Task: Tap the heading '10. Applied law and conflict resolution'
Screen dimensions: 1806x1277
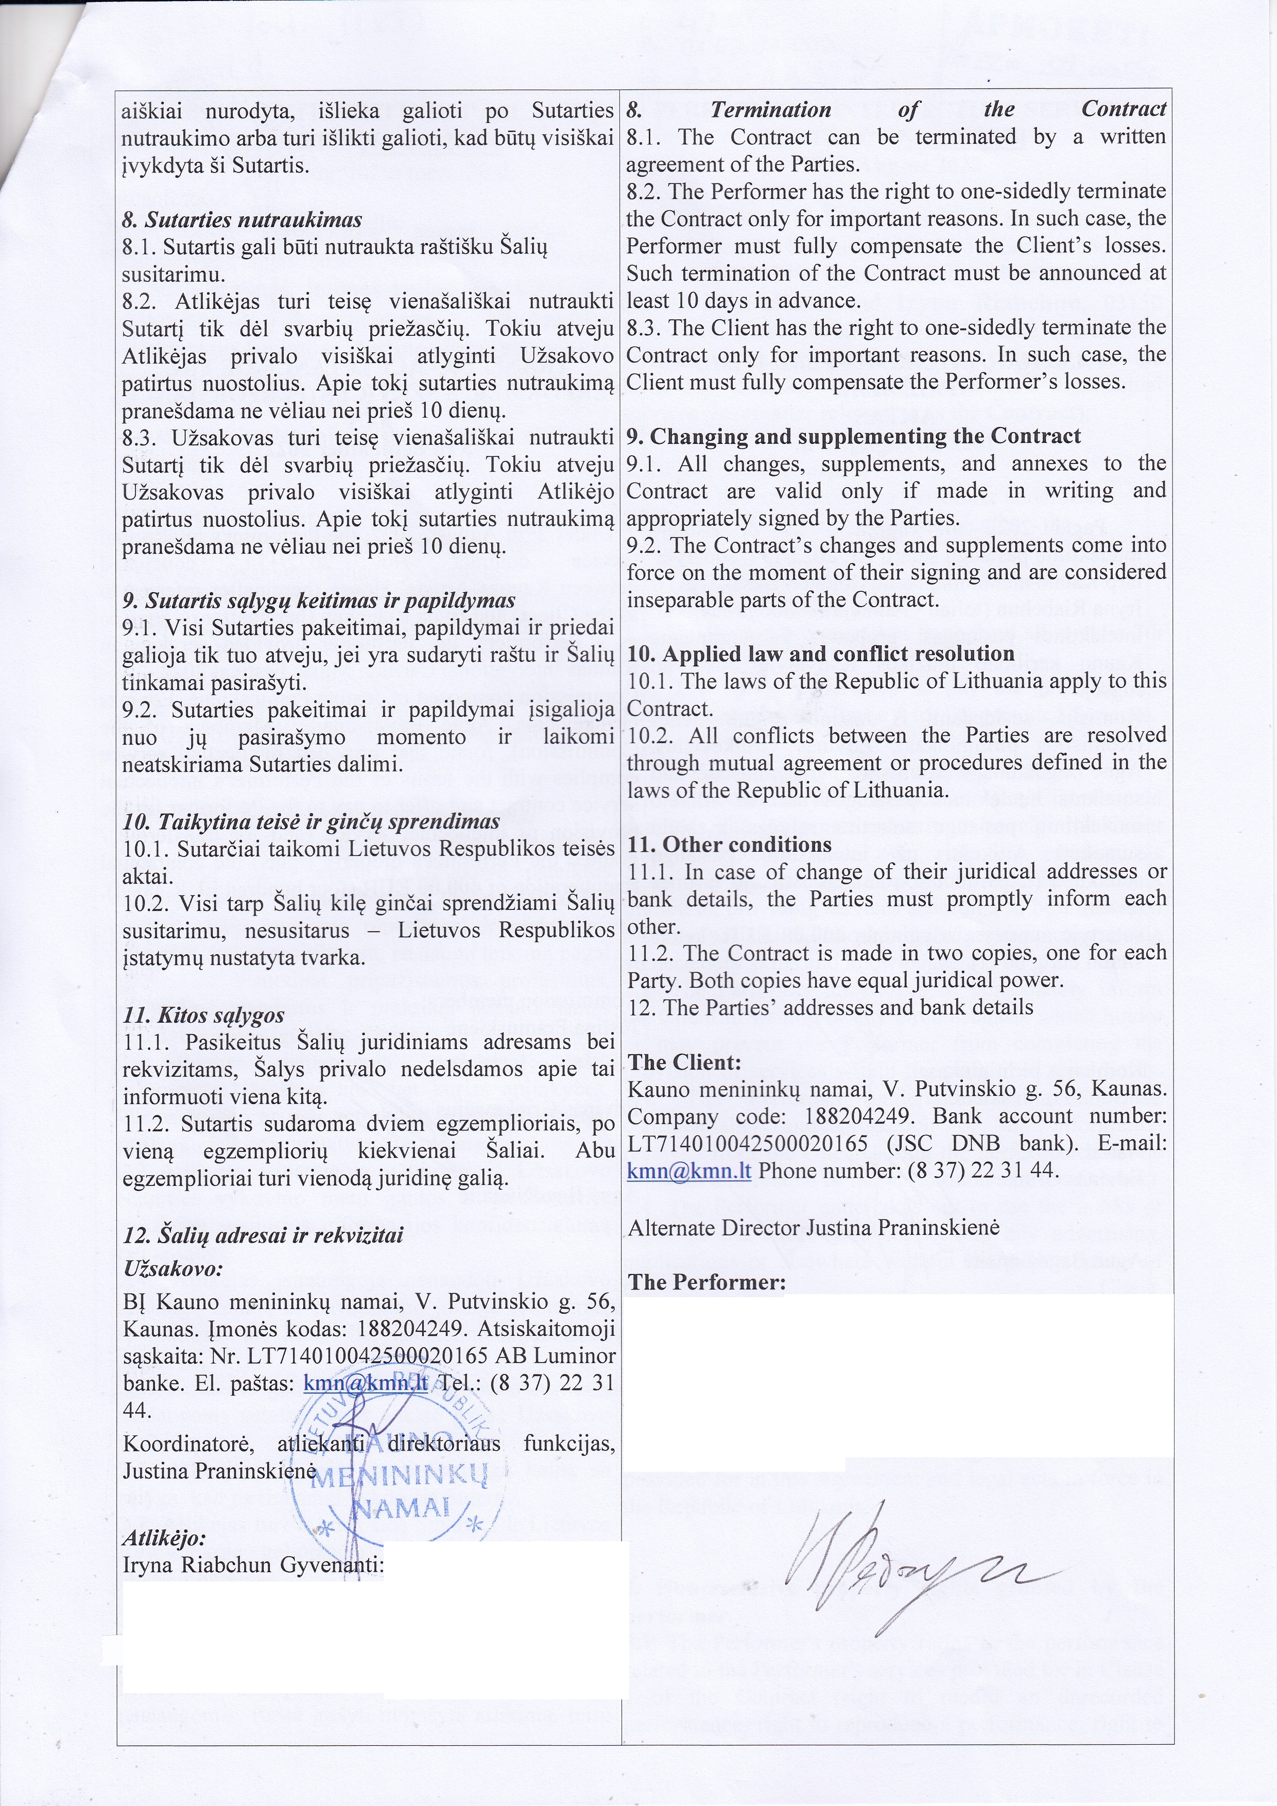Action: (x=820, y=653)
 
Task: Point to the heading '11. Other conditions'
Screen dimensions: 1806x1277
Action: (x=729, y=844)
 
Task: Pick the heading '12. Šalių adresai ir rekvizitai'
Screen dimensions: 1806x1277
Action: (x=263, y=1234)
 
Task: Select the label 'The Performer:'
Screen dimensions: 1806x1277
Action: (x=706, y=1282)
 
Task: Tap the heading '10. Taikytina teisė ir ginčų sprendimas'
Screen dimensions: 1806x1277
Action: (x=312, y=821)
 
